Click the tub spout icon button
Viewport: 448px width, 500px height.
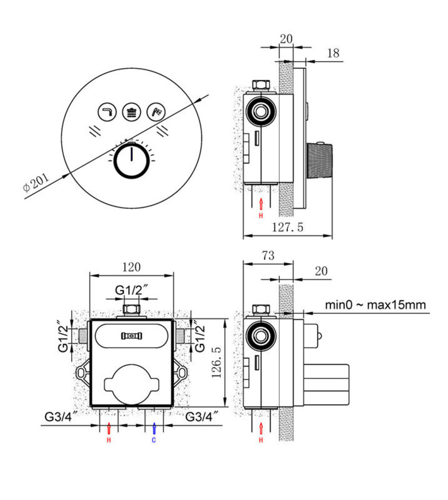point(107,112)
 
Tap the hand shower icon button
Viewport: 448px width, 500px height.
point(155,111)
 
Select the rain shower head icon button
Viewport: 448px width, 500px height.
point(131,112)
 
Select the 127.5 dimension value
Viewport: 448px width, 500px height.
point(287,228)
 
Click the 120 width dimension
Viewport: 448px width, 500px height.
point(131,267)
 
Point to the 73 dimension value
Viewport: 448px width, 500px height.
point(268,256)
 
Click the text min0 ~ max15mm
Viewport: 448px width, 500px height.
point(375,305)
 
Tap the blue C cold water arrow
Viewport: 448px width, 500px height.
point(154,428)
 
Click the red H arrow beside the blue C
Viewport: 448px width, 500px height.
point(109,428)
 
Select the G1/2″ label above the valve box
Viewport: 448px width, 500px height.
point(131,290)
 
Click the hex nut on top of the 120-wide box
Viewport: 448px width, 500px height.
point(131,308)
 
